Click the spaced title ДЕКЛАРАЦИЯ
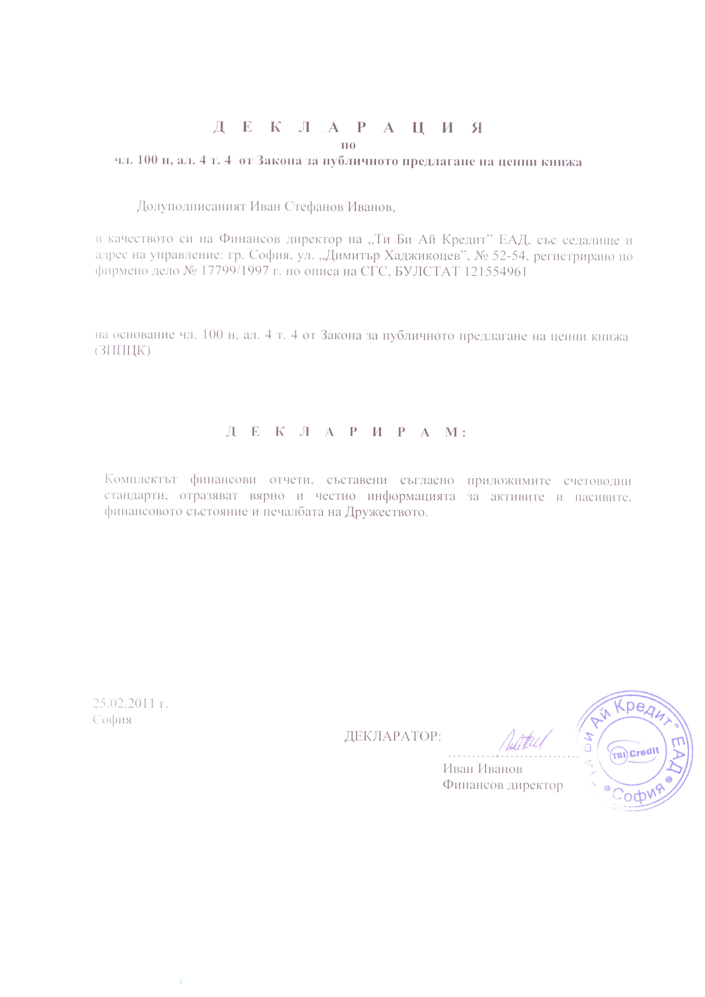pos(348,128)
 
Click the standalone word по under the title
pos(349,145)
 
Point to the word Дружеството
pos(386,512)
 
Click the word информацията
pos(411,496)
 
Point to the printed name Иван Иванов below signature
pos(482,769)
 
